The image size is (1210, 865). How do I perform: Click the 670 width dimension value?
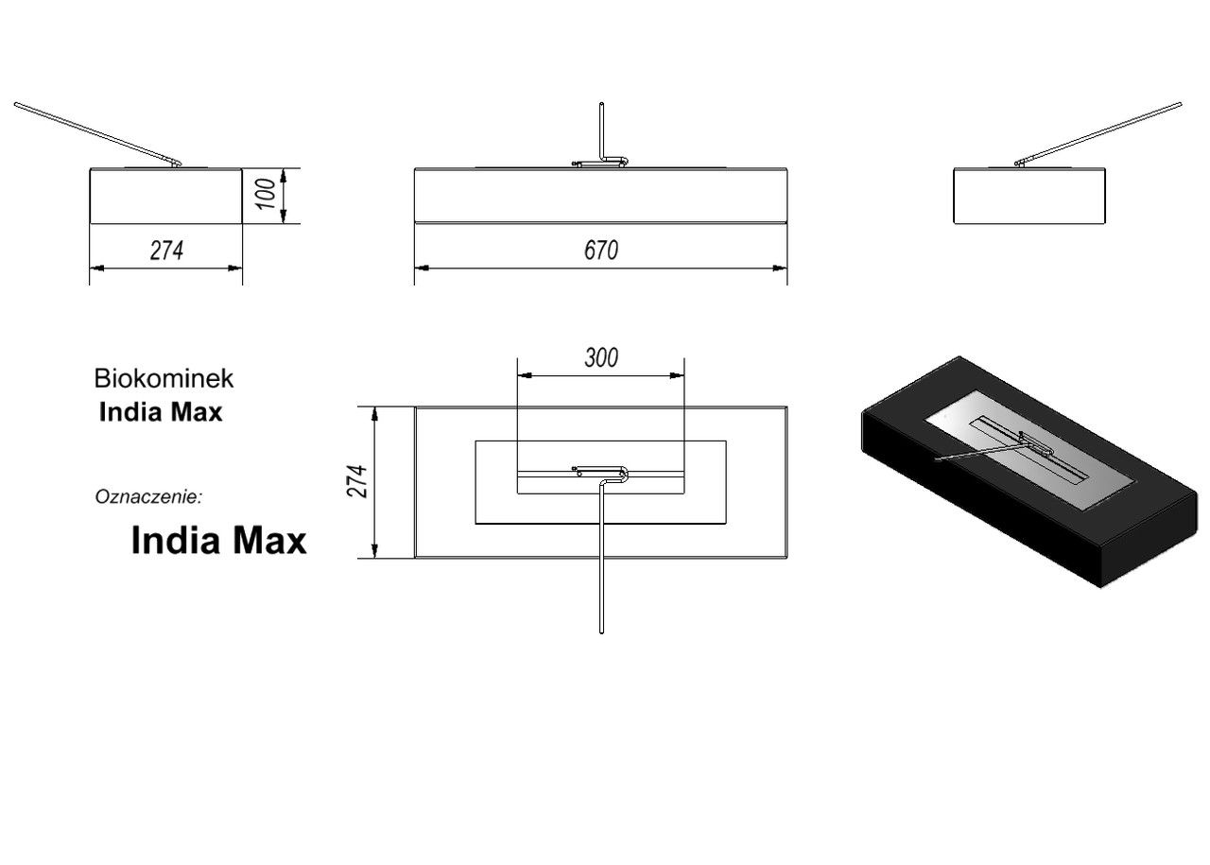coord(600,251)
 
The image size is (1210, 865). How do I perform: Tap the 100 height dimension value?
coord(267,195)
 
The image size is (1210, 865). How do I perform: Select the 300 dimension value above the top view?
coord(601,357)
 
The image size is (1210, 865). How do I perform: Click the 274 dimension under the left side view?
coord(166,251)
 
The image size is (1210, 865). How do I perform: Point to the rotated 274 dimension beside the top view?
coord(357,481)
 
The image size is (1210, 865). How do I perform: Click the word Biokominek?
coord(164,378)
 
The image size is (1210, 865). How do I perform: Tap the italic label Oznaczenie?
coord(148,496)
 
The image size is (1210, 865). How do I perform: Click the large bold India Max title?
coord(218,541)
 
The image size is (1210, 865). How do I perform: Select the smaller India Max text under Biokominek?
coord(161,412)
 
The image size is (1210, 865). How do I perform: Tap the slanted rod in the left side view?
coord(97,133)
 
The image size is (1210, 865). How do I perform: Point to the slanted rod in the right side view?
coord(1098,133)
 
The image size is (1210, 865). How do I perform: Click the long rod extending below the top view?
coord(601,557)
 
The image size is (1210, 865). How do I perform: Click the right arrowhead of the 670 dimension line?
coord(780,268)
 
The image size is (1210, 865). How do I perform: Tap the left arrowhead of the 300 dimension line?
coord(525,375)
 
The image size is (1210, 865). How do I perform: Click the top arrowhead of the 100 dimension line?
coord(283,176)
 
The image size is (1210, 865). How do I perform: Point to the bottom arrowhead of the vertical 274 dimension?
coord(374,550)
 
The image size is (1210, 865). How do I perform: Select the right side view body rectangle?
coord(1029,196)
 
